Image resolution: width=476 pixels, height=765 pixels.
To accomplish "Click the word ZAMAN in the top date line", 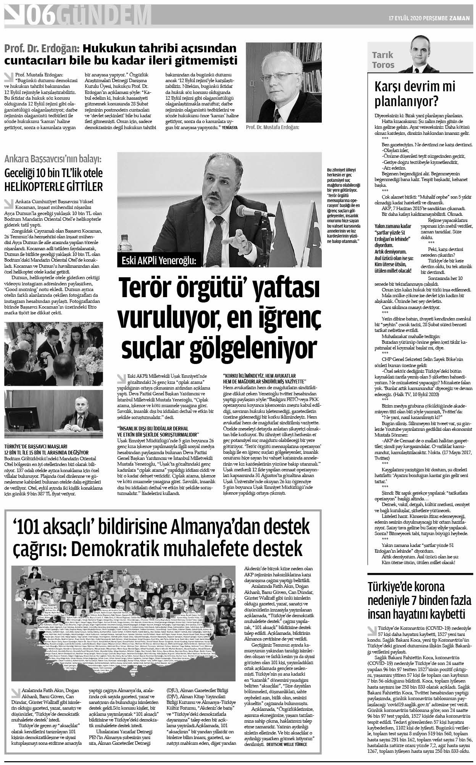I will [x=460, y=17].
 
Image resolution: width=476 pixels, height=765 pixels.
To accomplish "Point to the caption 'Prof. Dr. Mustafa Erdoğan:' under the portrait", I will [x=273, y=127].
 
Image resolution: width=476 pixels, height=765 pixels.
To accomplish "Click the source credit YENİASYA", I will [x=227, y=128].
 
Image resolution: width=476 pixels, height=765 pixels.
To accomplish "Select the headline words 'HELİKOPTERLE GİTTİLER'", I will [x=53, y=187].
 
